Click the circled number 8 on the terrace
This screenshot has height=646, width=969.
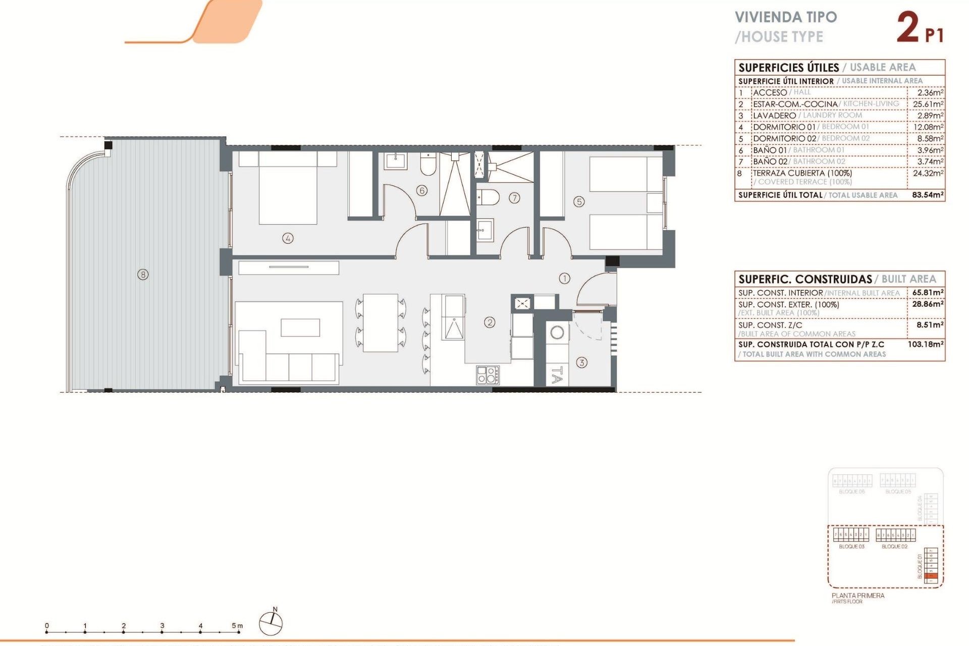pos(143,275)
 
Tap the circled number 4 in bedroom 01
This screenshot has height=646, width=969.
pos(288,238)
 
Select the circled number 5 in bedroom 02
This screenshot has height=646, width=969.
pos(579,202)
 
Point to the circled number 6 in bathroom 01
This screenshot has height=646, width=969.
pos(422,190)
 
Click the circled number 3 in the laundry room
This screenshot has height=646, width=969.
pos(581,362)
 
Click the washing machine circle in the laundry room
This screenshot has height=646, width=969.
pos(557,333)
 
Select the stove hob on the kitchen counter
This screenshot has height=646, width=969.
pos(488,375)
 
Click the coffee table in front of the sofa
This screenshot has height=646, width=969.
pos(300,327)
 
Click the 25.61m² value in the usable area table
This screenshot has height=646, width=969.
pos(928,104)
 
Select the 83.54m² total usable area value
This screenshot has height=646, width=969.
pos(928,195)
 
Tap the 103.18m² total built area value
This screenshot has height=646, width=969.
pos(926,344)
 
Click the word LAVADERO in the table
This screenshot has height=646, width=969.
pos(774,116)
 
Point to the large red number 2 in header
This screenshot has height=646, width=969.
pos(908,28)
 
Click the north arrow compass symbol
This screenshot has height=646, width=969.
pos(271,623)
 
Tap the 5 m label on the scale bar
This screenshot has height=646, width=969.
pos(237,626)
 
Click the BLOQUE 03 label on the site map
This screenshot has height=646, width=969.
pos(851,547)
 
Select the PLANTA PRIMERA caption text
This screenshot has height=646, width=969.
pos(858,596)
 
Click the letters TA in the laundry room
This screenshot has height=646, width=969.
pos(557,375)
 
